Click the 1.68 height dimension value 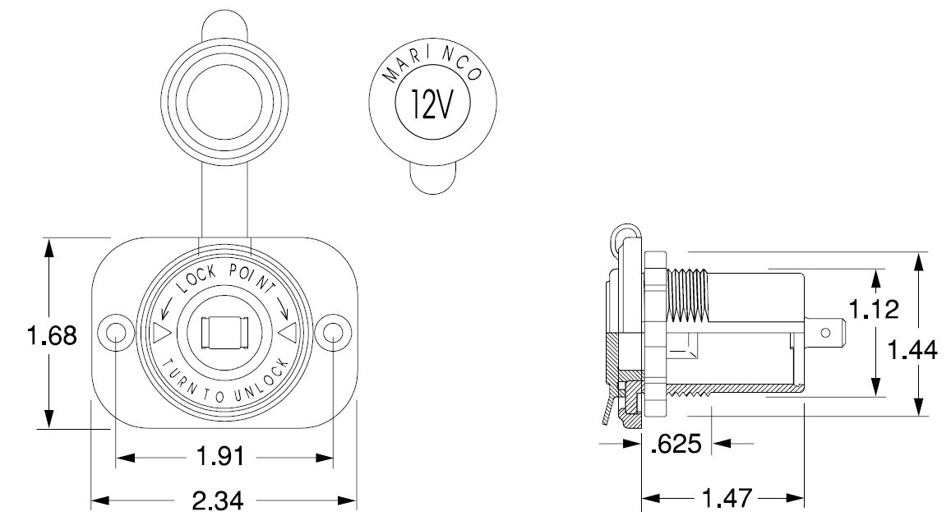pyautogui.click(x=53, y=335)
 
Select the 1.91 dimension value pyautogui.click(x=221, y=456)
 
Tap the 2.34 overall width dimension pyautogui.click(x=218, y=500)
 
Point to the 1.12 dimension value pyautogui.click(x=874, y=309)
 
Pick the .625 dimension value pyautogui.click(x=676, y=444)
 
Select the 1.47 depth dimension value pyautogui.click(x=727, y=499)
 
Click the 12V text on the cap pyautogui.click(x=432, y=104)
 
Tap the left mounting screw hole pyautogui.click(x=115, y=332)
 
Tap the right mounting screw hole pyautogui.click(x=333, y=332)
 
